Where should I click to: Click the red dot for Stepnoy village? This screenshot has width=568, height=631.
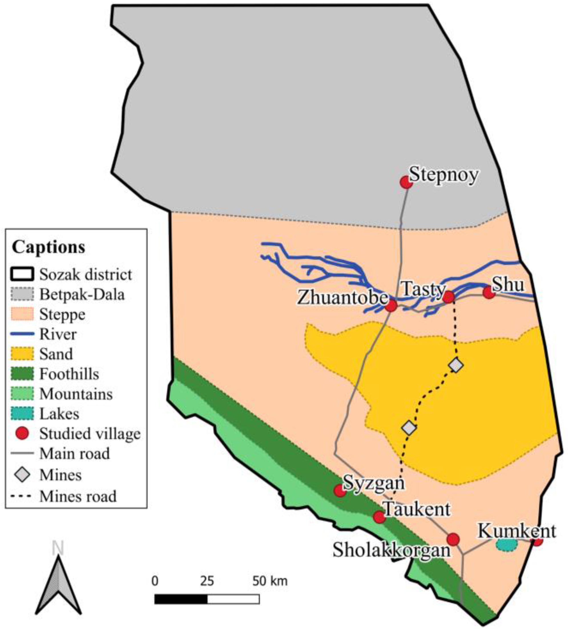click(406, 182)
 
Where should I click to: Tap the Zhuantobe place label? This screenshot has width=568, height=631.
click(342, 297)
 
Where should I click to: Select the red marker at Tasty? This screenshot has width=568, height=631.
click(448, 297)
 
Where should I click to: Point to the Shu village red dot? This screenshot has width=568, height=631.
click(489, 293)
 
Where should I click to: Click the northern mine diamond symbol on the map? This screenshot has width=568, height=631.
click(456, 365)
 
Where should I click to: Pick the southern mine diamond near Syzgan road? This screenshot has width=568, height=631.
click(409, 428)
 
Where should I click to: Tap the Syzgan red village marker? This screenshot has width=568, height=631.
click(340, 491)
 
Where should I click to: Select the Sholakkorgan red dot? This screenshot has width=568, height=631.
click(453, 539)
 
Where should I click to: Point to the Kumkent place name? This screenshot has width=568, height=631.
click(517, 531)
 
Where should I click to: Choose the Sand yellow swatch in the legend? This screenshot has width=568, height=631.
click(22, 354)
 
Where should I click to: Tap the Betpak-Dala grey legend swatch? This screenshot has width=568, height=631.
click(22, 294)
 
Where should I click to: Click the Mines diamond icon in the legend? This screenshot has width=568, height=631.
click(22, 475)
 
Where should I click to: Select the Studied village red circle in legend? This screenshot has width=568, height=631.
click(22, 434)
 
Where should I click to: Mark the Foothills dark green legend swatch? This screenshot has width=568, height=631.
click(22, 374)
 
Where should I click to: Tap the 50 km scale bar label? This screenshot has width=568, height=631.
click(270, 581)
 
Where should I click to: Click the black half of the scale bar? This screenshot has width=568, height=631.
click(181, 599)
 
